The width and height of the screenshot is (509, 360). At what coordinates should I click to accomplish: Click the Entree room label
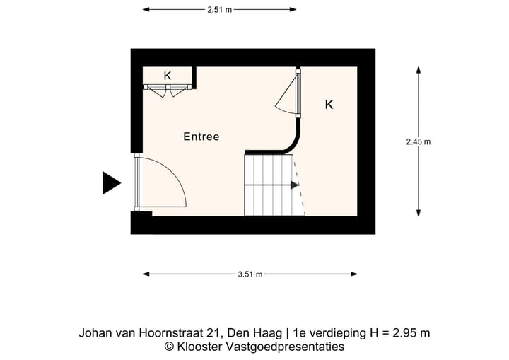(201, 137)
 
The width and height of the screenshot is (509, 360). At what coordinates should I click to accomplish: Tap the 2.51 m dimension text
(220, 10)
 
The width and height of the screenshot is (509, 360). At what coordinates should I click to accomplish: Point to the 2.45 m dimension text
(418, 141)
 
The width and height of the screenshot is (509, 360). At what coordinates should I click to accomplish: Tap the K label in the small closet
(168, 76)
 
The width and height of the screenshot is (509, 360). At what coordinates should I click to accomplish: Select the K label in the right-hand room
(329, 105)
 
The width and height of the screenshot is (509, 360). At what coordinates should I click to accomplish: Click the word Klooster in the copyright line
(199, 347)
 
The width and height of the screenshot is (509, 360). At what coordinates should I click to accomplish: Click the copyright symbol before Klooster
(170, 347)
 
